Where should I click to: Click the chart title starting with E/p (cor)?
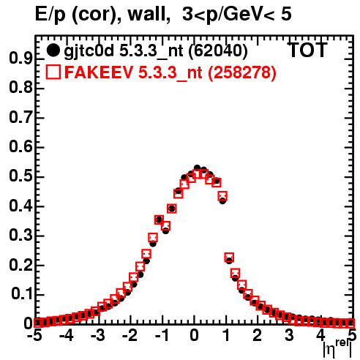163,15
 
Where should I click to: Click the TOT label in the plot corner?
308,50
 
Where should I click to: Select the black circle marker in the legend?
53,50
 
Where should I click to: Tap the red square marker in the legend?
53,72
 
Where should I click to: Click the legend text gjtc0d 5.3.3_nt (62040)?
156,51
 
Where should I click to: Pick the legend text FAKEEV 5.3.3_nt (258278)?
170,72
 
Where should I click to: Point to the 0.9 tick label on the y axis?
20,59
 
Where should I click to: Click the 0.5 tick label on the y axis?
20,176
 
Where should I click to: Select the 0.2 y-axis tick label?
20,265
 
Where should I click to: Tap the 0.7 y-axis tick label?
20,118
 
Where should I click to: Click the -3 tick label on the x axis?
97,336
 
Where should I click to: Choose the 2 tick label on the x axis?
258,336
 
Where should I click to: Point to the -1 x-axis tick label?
162,336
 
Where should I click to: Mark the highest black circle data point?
197,168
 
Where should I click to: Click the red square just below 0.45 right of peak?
222,195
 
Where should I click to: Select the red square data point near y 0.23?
229,257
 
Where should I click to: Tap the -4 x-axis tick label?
66,336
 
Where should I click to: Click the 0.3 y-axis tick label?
20,236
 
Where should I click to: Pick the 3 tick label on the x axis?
289,336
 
